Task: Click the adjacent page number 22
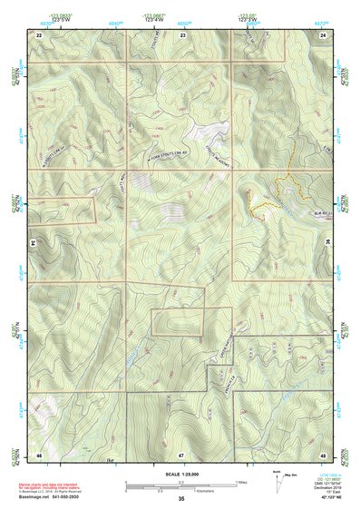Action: pos(40,34)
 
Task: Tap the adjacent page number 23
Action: pos(181,34)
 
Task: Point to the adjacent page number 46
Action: pos(40,453)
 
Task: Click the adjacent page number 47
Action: pos(181,453)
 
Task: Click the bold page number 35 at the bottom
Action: pos(181,499)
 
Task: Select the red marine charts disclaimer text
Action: pos(56,485)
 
